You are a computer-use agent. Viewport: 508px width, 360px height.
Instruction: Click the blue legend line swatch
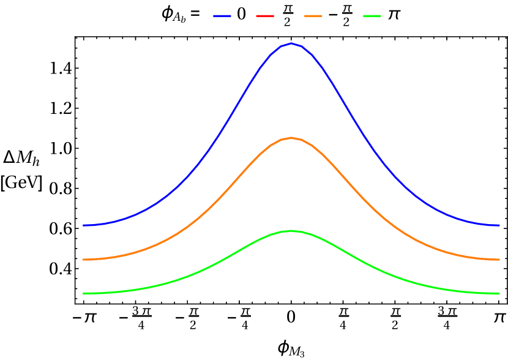point(222,16)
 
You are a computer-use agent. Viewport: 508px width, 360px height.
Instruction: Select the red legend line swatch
point(265,16)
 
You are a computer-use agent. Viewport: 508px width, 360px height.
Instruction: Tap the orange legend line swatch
point(313,16)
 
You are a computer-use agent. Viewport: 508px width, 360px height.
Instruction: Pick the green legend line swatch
point(372,16)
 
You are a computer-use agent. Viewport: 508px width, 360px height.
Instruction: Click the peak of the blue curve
point(291,43)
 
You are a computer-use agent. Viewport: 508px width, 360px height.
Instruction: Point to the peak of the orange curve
point(291,138)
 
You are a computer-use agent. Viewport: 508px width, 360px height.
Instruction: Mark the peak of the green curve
point(291,231)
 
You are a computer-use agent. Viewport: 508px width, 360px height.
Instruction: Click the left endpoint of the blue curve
point(83,225)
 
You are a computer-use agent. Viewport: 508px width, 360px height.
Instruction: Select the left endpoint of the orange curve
point(83,260)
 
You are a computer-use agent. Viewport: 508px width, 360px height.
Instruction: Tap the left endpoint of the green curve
point(83,293)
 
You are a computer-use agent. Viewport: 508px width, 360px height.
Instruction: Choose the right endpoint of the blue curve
point(499,225)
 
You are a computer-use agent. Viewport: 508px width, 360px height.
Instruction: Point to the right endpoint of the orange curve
point(499,260)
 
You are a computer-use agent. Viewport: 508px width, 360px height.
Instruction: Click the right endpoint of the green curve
point(499,293)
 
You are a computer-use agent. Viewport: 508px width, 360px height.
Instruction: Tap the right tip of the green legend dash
point(381,16)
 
